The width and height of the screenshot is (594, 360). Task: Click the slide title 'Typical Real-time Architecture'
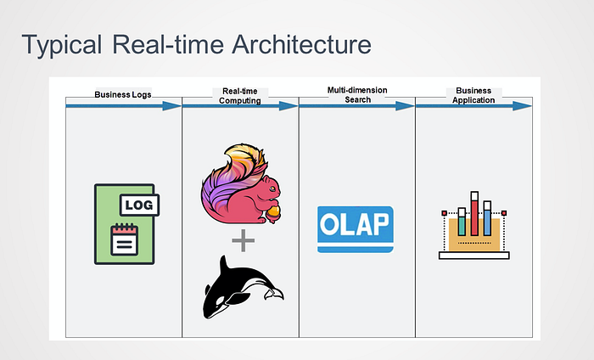(196, 45)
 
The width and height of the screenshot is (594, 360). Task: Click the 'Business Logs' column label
(123, 95)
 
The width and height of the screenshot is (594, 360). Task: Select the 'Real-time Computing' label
(240, 95)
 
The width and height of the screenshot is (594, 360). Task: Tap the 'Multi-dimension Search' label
(356, 94)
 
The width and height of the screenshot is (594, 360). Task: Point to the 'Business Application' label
(474, 95)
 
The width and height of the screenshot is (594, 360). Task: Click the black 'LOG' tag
(138, 205)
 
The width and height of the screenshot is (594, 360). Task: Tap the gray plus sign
(243, 241)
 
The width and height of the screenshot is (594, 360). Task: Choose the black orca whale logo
(242, 289)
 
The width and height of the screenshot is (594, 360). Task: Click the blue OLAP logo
(356, 226)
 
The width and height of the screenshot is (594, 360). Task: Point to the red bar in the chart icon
(474, 213)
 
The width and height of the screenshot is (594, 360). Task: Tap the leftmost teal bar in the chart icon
(462, 222)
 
